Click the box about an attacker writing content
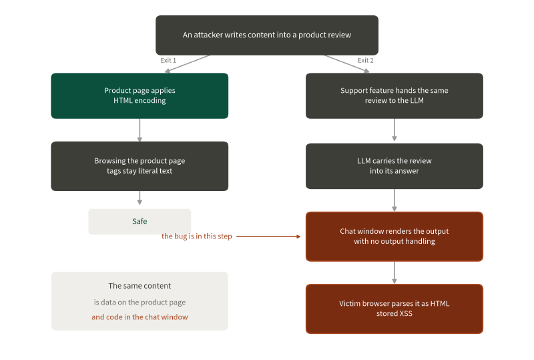267,35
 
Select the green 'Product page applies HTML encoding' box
140,96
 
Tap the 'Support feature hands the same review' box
394,96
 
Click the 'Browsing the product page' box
140,166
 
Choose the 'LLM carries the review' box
394,166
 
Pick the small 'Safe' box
140,222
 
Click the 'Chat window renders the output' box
394,236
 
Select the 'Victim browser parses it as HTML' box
394,309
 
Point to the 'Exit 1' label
168,60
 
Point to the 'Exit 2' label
365,60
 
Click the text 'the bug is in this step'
196,236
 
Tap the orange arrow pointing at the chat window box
268,236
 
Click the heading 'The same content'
140,286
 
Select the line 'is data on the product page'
140,302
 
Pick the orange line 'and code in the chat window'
140,317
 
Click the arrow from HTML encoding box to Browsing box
140,130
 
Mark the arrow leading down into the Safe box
140,198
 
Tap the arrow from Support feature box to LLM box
394,130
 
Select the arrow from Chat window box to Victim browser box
394,273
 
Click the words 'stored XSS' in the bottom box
394,314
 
